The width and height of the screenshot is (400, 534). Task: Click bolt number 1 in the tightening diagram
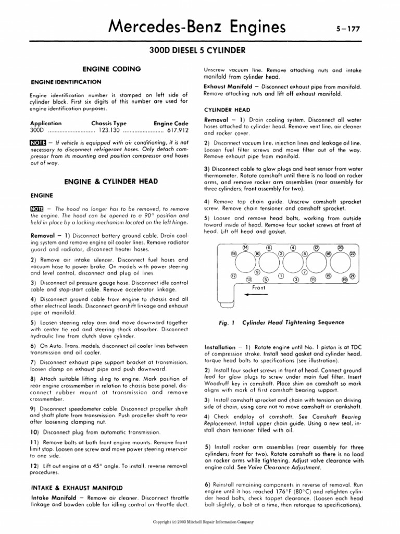coord(281,275)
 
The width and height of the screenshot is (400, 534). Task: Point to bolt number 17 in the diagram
coord(234,275)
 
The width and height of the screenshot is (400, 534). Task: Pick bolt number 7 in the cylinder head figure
coord(305,272)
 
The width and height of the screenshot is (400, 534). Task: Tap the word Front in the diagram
coord(259,287)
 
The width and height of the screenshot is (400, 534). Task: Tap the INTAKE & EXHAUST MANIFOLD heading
coord(77,488)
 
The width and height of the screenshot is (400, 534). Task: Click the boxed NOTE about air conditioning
coord(38,142)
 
